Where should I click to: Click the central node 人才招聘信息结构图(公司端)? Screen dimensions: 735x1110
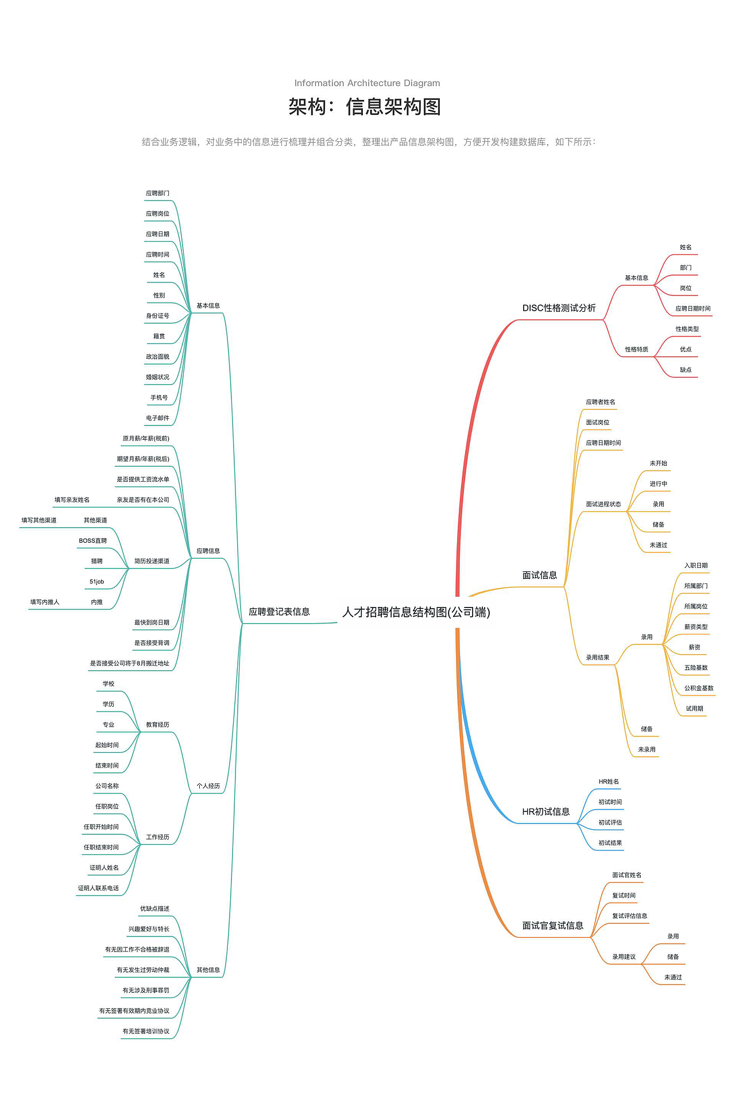(x=416, y=612)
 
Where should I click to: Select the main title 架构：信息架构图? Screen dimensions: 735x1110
(x=365, y=107)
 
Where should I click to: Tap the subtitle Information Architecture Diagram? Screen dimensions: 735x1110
(x=367, y=83)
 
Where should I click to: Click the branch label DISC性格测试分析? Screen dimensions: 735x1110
(x=559, y=308)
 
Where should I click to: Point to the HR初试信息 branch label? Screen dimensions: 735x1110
(x=546, y=811)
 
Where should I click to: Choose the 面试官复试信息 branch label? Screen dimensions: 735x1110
(x=553, y=925)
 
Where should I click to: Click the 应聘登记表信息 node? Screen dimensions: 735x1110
(x=279, y=612)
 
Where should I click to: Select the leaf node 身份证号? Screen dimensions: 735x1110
(x=158, y=316)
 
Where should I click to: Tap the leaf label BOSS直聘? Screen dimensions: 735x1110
(x=93, y=541)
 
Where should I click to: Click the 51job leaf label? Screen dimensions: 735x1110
(x=97, y=582)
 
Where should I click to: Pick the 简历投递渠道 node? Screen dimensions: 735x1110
(x=152, y=561)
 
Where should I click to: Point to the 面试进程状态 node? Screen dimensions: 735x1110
(x=604, y=504)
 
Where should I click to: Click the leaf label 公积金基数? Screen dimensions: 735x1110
(x=699, y=688)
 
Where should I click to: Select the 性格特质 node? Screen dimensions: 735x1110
(x=637, y=349)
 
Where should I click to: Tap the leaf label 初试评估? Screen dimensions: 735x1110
(x=610, y=822)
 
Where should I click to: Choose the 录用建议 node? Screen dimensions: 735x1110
(x=624, y=957)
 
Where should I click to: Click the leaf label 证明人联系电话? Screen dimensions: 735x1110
(x=99, y=888)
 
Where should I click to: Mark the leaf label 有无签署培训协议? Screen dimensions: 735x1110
(x=146, y=1031)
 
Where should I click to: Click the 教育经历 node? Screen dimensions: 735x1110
(x=158, y=725)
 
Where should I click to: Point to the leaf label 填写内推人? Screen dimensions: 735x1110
(x=45, y=602)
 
